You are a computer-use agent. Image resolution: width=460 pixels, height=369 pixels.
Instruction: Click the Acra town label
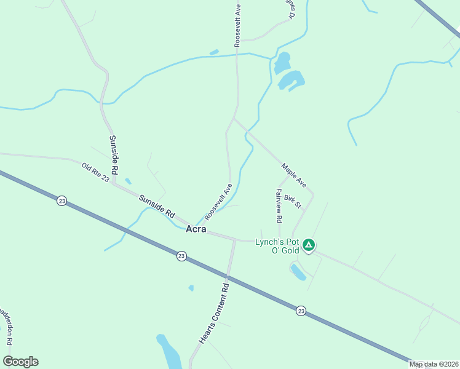click(x=196, y=229)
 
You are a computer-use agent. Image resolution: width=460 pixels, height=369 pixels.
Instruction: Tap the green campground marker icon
click(x=309, y=246)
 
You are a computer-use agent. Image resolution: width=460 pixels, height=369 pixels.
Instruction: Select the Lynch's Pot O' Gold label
click(x=277, y=246)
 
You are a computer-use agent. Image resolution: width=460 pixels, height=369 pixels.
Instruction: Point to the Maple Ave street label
click(x=294, y=175)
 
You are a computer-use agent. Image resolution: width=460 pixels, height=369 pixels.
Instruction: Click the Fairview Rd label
click(x=279, y=205)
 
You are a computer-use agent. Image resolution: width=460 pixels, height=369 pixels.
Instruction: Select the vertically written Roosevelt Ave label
click(x=237, y=25)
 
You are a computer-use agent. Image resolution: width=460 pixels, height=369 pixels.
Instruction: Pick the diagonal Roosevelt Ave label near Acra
click(x=219, y=201)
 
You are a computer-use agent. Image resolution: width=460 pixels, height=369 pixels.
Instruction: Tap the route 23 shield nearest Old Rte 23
click(x=61, y=201)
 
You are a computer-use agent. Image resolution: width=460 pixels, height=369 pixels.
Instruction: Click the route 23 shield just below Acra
click(x=181, y=256)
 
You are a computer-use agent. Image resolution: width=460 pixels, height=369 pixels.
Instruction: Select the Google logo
click(x=20, y=362)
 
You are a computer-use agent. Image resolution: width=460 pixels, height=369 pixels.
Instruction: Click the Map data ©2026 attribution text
click(x=434, y=364)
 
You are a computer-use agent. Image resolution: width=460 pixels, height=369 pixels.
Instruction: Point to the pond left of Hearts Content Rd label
click(x=167, y=352)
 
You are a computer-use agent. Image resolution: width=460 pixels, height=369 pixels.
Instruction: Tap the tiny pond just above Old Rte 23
click(x=128, y=181)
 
